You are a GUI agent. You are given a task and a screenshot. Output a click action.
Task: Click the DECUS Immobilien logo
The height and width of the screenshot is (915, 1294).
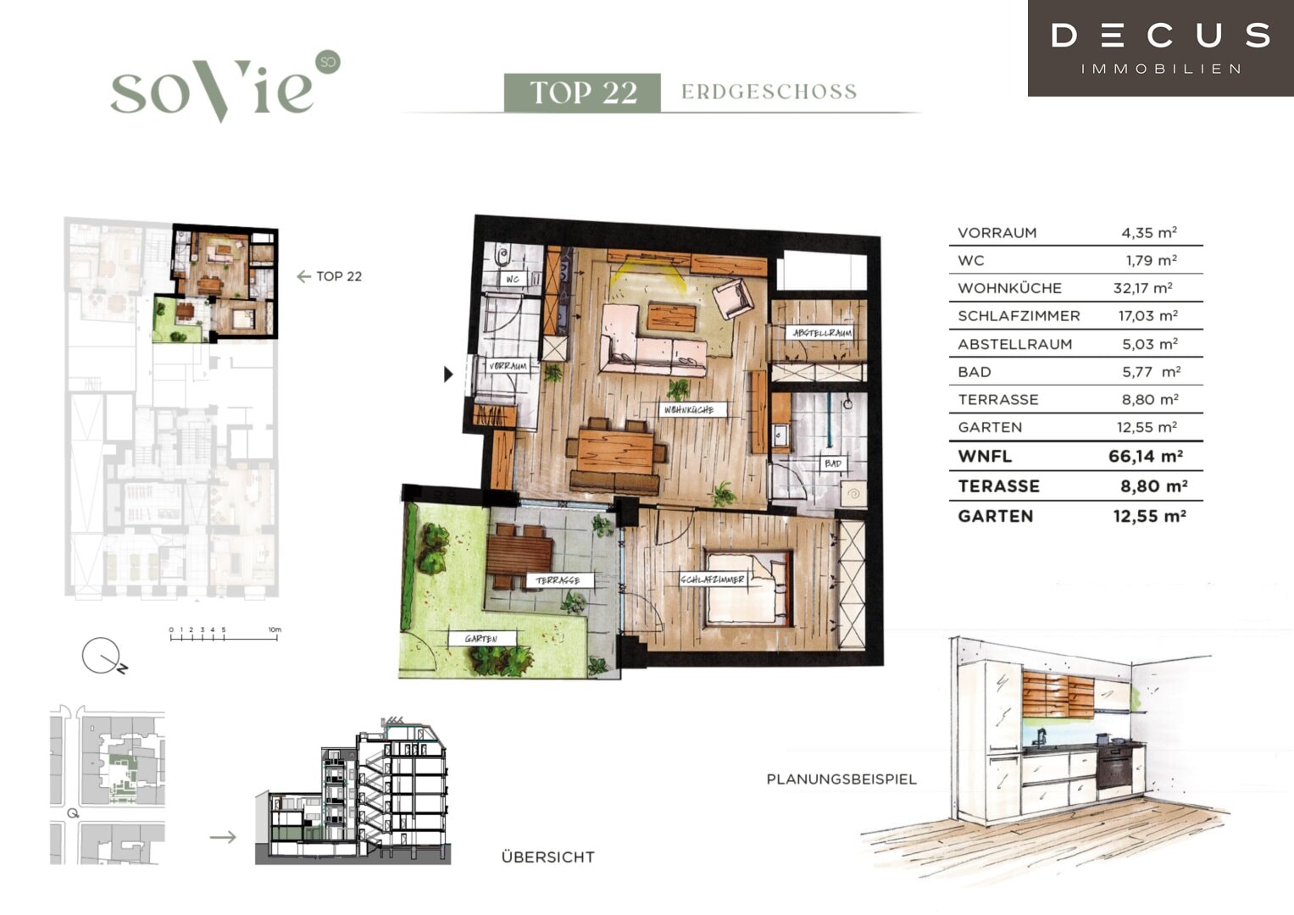point(1161,48)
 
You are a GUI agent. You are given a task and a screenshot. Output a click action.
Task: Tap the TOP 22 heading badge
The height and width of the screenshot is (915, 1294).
point(582,92)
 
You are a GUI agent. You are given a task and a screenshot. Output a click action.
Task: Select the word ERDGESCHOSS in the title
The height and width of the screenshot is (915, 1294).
point(769,91)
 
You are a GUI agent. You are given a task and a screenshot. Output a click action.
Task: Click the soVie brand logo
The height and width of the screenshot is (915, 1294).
point(225,86)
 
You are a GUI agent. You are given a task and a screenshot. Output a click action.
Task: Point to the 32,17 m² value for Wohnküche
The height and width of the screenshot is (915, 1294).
point(1142,288)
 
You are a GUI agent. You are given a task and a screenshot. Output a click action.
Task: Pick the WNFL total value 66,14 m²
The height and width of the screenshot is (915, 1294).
point(1146,457)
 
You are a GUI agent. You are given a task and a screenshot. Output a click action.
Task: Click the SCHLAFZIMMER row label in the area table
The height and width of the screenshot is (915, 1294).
point(1019,316)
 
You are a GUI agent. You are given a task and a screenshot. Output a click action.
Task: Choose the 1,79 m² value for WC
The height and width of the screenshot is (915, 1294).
point(1152,261)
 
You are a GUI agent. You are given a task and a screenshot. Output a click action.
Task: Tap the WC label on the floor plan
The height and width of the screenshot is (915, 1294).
point(513,279)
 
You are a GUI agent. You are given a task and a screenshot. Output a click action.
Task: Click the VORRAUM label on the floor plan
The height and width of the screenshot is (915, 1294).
point(508,366)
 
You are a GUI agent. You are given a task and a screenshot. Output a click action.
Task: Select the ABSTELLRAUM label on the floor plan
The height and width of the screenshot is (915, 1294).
point(821,333)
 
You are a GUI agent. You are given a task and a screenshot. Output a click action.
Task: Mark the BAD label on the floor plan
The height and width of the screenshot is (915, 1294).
point(833,463)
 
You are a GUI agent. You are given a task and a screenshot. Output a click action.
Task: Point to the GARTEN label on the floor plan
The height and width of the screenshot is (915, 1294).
point(481,638)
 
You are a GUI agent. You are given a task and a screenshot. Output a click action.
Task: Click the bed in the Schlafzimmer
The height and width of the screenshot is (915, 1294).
point(748,589)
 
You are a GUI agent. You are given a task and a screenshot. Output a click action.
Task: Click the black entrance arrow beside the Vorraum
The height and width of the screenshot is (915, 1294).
point(448,374)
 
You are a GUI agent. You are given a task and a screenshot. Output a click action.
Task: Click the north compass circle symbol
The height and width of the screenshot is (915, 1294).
point(101,656)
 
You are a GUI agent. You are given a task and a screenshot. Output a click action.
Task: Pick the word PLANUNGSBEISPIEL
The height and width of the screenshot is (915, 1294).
point(841,779)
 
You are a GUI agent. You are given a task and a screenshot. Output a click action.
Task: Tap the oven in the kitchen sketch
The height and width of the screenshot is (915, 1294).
point(1114,768)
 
